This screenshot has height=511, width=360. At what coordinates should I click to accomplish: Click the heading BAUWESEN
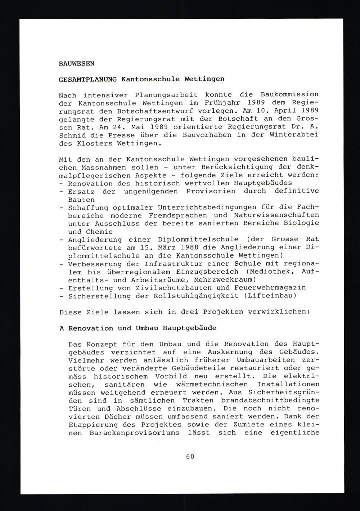[76, 63]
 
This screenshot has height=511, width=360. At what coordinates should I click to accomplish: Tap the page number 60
[190, 456]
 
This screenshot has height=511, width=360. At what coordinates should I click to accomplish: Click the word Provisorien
[210, 191]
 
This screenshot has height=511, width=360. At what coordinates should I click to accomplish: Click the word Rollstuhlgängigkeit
[195, 296]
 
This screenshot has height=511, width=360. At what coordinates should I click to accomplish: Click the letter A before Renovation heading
[62, 328]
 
